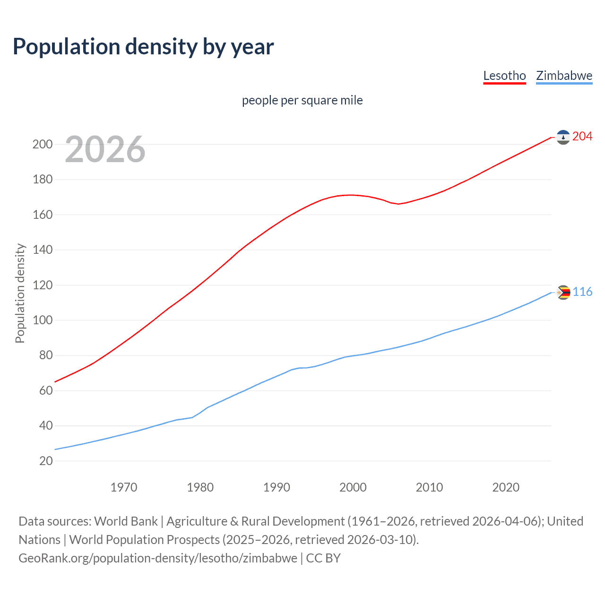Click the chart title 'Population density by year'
click(143, 47)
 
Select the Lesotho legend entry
click(504, 76)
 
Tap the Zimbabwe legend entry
click(564, 76)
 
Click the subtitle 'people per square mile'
click(302, 100)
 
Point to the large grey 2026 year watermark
click(105, 149)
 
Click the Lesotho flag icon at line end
click(563, 137)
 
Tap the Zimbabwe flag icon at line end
click(563, 293)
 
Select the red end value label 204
click(582, 137)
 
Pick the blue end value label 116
click(582, 292)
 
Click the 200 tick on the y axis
click(43, 145)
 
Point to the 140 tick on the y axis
click(43, 250)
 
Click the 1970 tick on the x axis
click(124, 487)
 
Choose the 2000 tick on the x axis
click(353, 487)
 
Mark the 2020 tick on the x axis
click(506, 487)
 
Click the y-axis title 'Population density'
click(20, 293)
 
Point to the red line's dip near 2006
click(398, 204)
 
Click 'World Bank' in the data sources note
click(126, 521)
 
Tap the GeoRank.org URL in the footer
click(158, 558)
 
